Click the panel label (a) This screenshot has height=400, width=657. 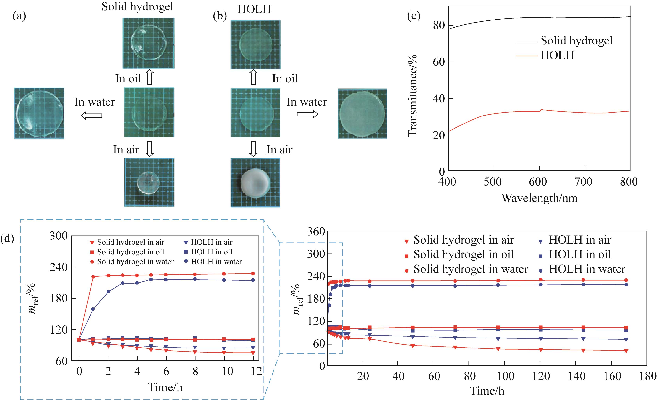19,17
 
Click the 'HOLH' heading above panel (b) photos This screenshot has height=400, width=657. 254,10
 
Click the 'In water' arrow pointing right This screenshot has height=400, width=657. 307,114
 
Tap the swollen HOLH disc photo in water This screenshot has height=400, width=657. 362,114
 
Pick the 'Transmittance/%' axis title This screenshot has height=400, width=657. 413,95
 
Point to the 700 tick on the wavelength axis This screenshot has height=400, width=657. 583,182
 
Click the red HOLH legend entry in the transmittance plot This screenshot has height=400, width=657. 557,55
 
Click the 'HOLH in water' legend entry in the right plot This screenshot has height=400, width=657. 587,269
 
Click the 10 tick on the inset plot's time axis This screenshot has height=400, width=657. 227,371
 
